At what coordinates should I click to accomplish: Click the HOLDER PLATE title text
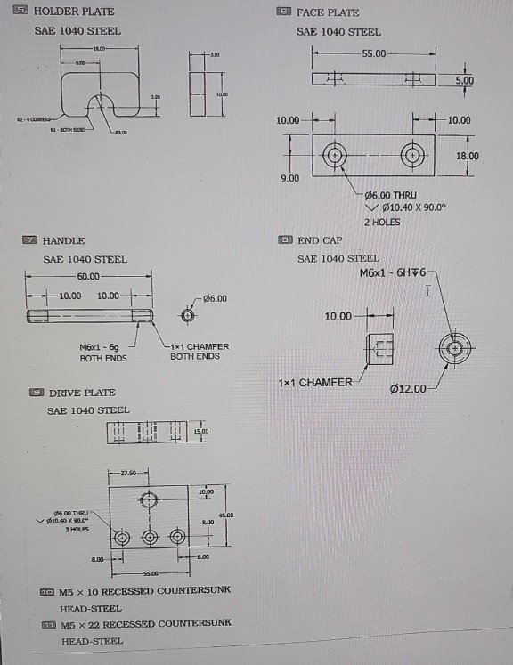74,12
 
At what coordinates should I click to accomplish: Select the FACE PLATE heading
327,12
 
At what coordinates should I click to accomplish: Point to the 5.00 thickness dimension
465,80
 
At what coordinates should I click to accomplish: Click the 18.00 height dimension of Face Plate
467,156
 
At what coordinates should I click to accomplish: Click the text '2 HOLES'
382,222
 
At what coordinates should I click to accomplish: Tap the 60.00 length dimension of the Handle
88,277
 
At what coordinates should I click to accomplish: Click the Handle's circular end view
187,315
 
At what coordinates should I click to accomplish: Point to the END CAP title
320,240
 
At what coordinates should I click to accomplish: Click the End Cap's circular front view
456,348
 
